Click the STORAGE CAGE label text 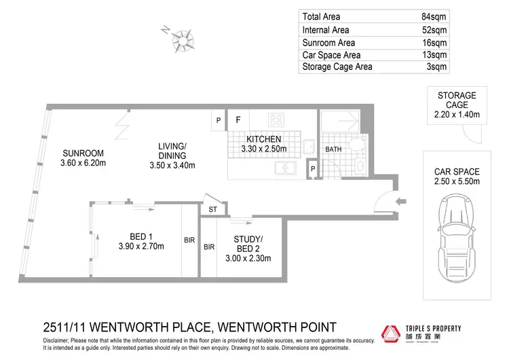(456, 100)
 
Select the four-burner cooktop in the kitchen (276, 120)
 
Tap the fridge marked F (238, 120)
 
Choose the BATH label (333, 149)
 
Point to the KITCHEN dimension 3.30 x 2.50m (264, 149)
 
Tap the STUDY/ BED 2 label (247, 243)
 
